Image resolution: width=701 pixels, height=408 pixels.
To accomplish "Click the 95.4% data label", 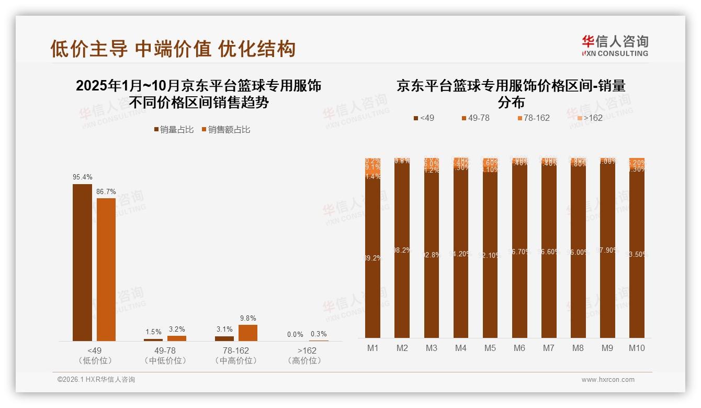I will pos(82,177).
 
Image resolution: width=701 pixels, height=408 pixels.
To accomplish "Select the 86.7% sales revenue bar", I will pos(106,269).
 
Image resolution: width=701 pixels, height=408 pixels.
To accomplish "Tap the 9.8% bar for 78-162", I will pos(248,333).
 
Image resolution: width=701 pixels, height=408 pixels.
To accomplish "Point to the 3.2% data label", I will pos(177,329).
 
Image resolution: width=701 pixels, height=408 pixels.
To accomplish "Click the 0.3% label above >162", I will pos(319,334).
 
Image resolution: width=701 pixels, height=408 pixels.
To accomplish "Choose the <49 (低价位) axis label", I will pos(95,355).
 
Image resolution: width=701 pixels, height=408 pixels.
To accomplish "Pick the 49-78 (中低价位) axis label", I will pos(165,355).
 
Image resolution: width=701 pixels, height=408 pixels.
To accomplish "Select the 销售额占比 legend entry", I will pos(225,130).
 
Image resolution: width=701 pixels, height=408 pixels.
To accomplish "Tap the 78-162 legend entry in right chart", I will pos(533,118).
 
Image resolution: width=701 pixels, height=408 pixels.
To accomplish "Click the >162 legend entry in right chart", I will pos(589,118).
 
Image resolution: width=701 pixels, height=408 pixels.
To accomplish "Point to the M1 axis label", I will pos(372,348).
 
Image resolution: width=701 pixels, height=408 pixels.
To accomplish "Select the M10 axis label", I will pos(637,348).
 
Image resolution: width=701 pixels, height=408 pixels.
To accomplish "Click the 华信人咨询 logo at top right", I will pos(615,46).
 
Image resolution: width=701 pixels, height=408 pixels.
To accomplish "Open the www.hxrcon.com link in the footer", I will pos(608,380).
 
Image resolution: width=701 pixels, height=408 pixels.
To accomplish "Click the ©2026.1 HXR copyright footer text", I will pos(96,380).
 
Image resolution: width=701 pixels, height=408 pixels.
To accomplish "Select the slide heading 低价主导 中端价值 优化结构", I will pos(173,49).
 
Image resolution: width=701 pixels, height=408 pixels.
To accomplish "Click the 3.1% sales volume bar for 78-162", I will pos(224,338).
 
